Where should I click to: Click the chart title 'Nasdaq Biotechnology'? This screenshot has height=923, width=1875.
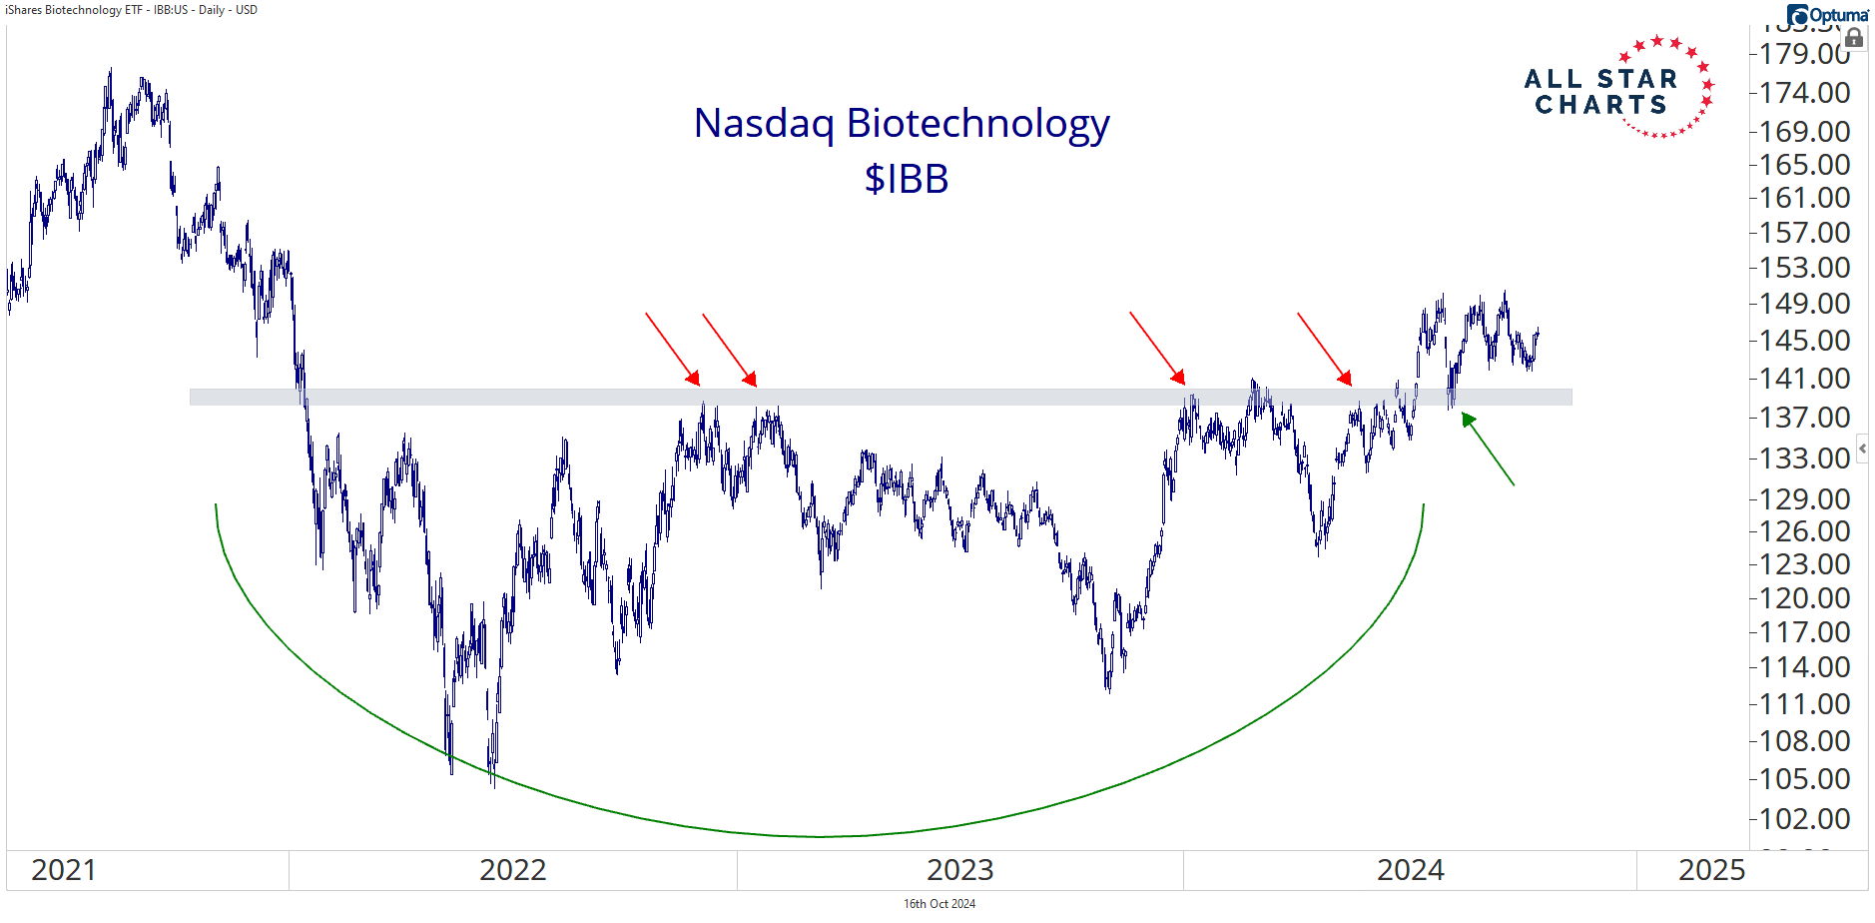pyautogui.click(x=901, y=124)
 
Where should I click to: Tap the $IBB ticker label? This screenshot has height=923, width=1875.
pyautogui.click(x=906, y=180)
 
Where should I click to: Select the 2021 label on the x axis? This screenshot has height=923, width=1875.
pyautogui.click(x=63, y=870)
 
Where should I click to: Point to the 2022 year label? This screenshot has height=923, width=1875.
pyautogui.click(x=512, y=870)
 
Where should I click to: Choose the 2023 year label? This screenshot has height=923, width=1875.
pyautogui.click(x=959, y=870)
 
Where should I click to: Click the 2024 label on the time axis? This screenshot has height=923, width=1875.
pyautogui.click(x=1410, y=870)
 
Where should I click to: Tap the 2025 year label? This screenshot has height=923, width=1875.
pyautogui.click(x=1711, y=870)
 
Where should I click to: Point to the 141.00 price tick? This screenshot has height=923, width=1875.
pyautogui.click(x=1804, y=379)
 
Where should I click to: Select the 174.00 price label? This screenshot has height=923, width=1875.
pyautogui.click(x=1804, y=93)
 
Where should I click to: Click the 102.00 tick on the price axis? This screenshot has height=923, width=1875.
pyautogui.click(x=1804, y=819)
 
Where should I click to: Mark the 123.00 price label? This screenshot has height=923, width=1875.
pyautogui.click(x=1804, y=564)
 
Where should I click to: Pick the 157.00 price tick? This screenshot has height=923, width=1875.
pyautogui.click(x=1804, y=233)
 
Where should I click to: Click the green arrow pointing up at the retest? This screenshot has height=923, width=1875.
pyautogui.click(x=1488, y=450)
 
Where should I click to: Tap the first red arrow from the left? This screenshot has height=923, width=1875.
pyautogui.click(x=672, y=349)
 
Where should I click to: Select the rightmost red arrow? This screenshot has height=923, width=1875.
pyautogui.click(x=1324, y=349)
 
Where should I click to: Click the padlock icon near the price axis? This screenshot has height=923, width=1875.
pyautogui.click(x=1854, y=39)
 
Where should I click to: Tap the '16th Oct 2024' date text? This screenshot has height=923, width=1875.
pyautogui.click(x=938, y=904)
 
